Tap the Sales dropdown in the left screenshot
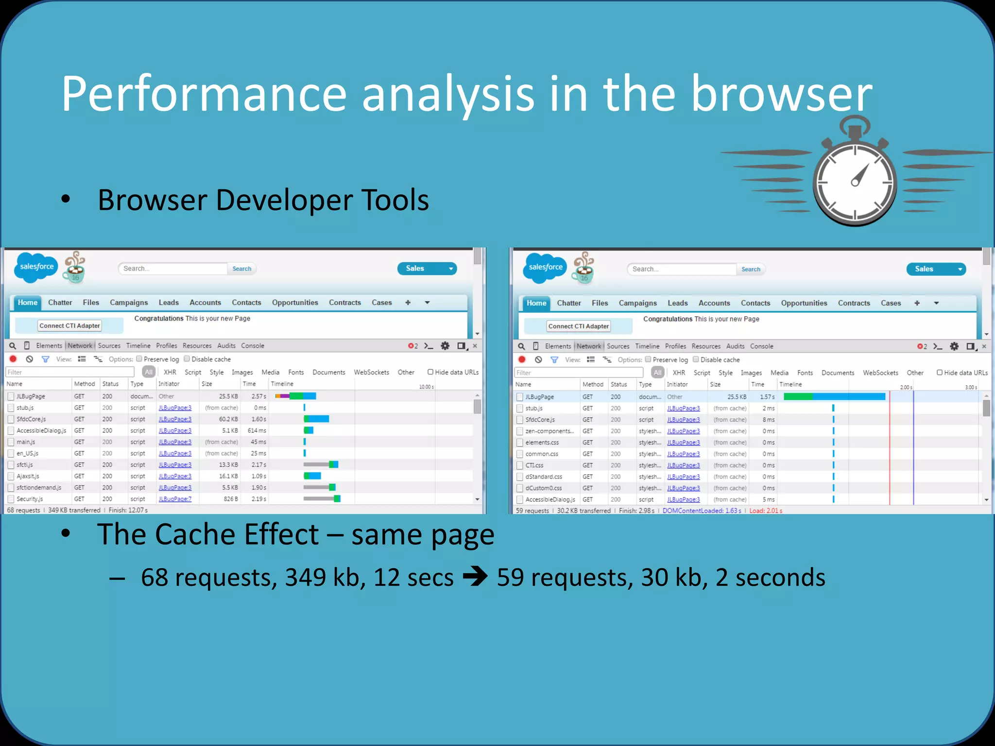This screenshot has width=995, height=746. click(427, 269)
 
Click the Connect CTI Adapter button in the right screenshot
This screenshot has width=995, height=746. click(578, 326)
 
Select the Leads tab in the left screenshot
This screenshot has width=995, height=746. click(169, 303)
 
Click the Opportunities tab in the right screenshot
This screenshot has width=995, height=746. click(804, 303)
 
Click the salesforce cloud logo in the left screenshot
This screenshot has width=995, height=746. click(36, 267)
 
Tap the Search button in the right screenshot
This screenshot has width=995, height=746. click(751, 270)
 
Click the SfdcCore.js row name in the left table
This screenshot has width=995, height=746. click(31, 419)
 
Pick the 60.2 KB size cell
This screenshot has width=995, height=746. click(228, 419)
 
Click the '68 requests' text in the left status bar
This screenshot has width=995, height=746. click(23, 510)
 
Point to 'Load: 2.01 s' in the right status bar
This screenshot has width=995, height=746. click(766, 511)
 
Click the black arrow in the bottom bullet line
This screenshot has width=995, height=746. click(475, 577)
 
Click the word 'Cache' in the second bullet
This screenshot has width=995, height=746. click(237, 534)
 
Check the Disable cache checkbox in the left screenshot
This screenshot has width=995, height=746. click(187, 359)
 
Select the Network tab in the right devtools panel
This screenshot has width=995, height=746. click(588, 346)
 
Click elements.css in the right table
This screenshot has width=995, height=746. click(542, 442)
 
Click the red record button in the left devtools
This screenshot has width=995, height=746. click(13, 359)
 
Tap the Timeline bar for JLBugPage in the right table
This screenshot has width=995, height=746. click(834, 397)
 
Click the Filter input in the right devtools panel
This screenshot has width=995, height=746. click(578, 373)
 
